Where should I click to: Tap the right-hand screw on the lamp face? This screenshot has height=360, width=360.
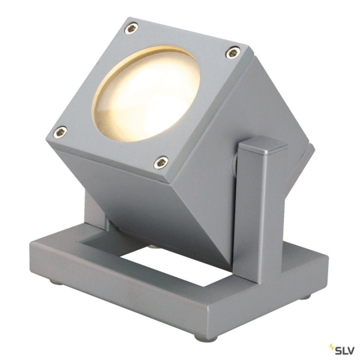(x=231, y=51)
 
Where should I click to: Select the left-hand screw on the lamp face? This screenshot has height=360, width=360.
(x=61, y=131)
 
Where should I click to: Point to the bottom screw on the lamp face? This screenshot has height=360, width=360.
(x=160, y=161)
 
